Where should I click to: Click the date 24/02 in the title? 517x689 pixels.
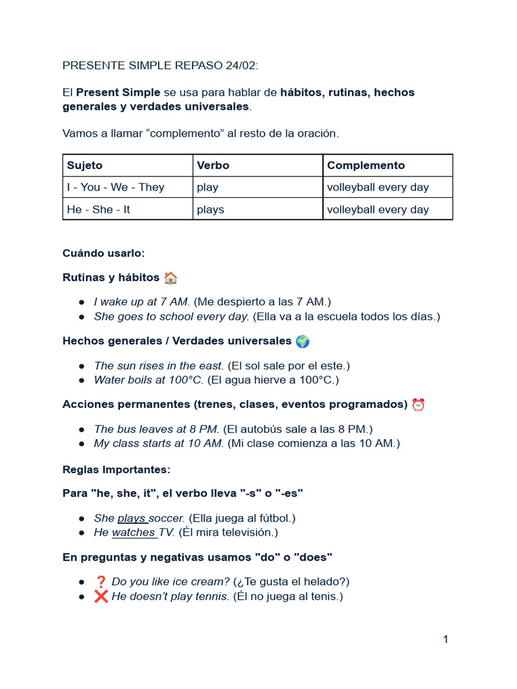point(240,65)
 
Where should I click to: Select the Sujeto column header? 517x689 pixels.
point(85,166)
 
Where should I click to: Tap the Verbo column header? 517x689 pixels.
point(213,166)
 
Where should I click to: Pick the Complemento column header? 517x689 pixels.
point(366,166)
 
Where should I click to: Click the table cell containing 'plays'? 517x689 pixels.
point(211,209)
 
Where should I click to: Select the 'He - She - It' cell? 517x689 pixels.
point(98,209)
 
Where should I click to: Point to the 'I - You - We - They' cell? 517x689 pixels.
point(115,187)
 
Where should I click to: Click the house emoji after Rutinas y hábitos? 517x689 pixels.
point(170,278)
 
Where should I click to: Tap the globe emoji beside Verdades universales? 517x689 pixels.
point(302,342)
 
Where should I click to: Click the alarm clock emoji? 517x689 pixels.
point(418,405)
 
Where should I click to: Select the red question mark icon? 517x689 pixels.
point(101,582)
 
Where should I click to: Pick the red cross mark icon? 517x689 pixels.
point(101,597)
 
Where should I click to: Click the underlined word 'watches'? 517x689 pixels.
point(133,533)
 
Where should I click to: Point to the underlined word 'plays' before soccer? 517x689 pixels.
point(131,518)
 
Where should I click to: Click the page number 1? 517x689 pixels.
point(446,639)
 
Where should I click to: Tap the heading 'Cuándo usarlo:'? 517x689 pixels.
point(104,253)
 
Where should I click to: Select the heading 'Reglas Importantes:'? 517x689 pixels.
point(116,469)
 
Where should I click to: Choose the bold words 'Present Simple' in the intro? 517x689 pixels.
point(118,93)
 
